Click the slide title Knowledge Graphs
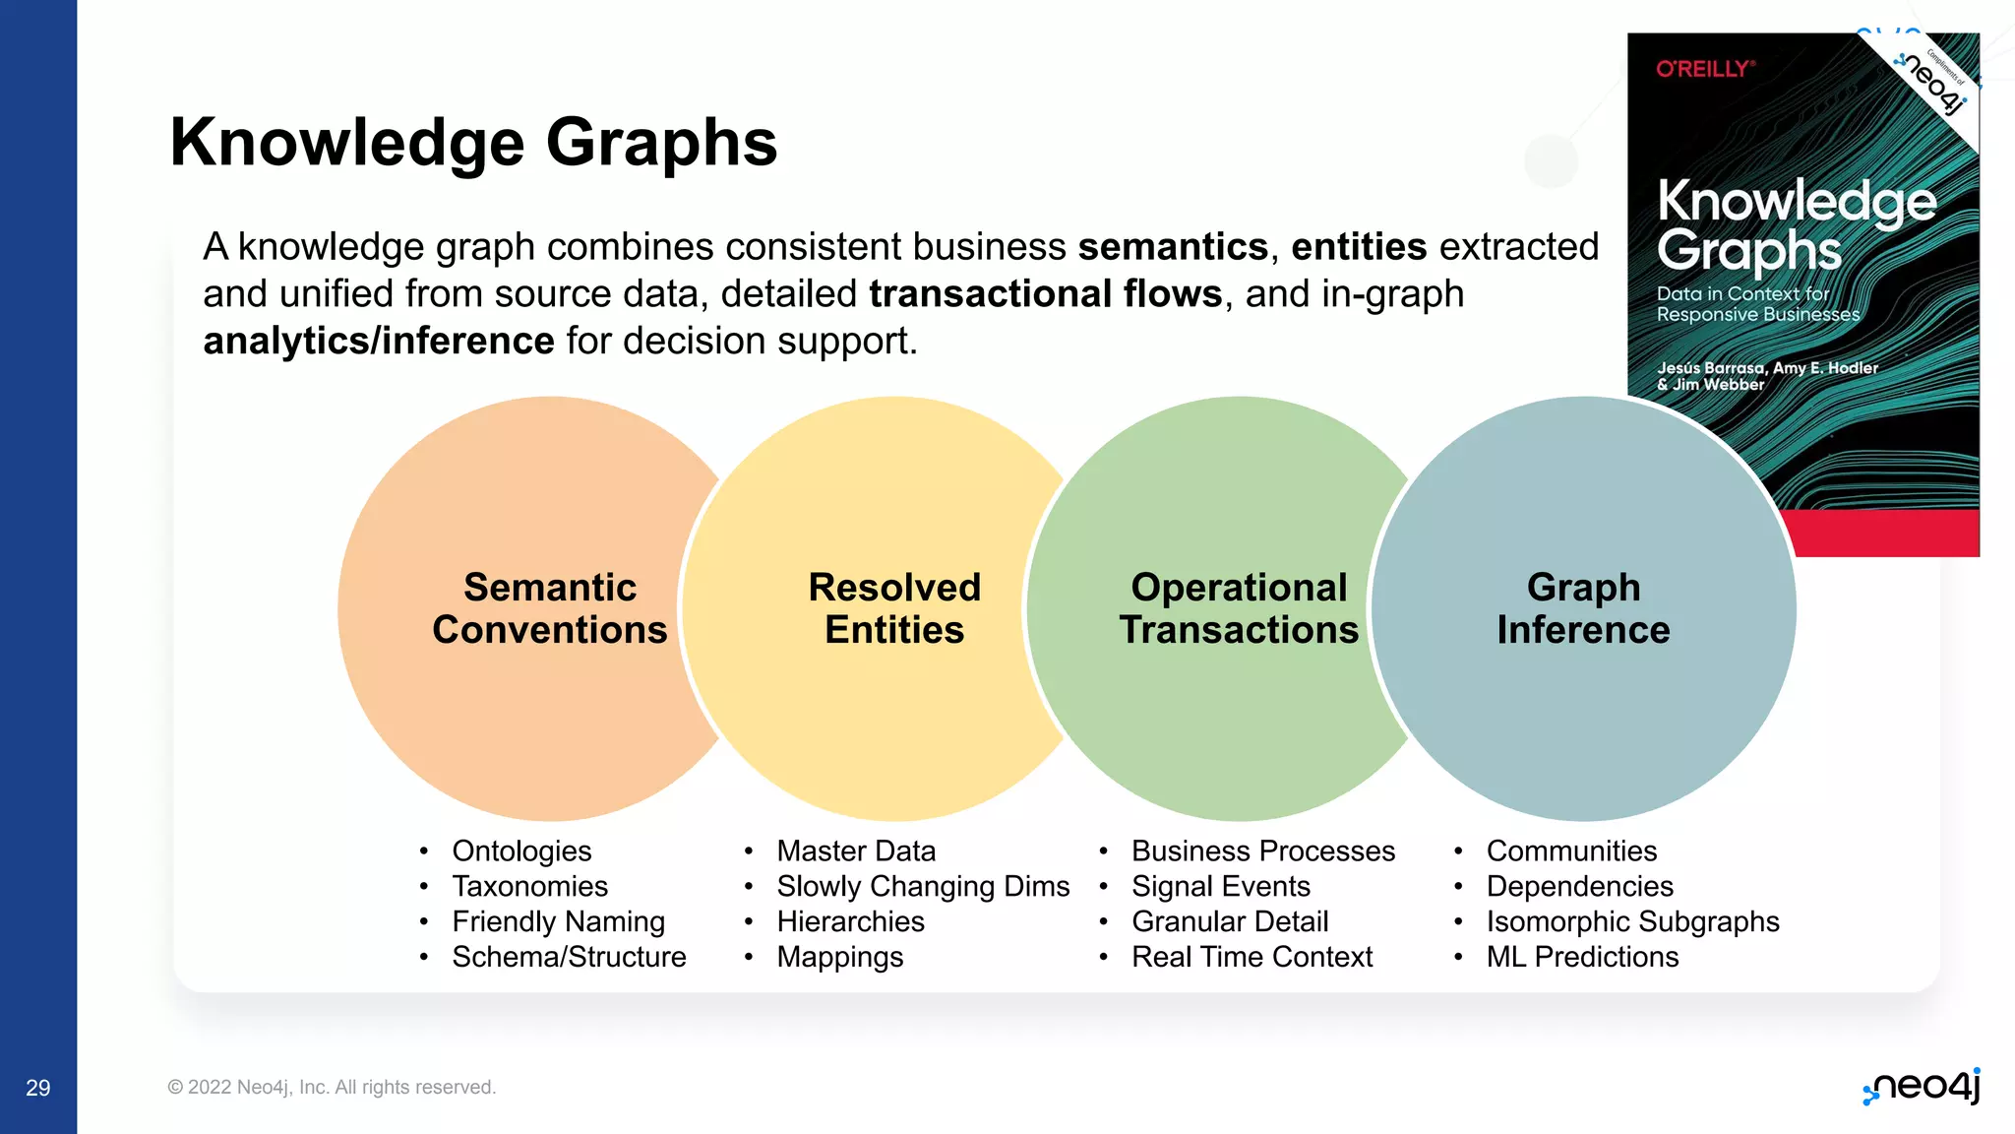pyautogui.click(x=473, y=143)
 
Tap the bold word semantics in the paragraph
pyautogui.click(x=1173, y=247)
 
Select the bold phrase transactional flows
pyautogui.click(x=1045, y=294)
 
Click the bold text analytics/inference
pyautogui.click(x=379, y=342)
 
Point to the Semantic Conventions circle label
pyautogui.click(x=550, y=608)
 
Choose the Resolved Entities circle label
pyautogui.click(x=894, y=608)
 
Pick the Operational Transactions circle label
pyautogui.click(x=1239, y=608)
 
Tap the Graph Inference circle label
pyautogui.click(x=1583, y=608)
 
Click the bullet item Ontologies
pyautogui.click(x=521, y=851)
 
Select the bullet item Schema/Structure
pyautogui.click(x=569, y=957)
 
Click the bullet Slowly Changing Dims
pyautogui.click(x=923, y=887)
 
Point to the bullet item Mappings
pyautogui.click(x=839, y=957)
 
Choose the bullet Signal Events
pyautogui.click(x=1220, y=887)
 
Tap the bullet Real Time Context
pyautogui.click(x=1252, y=957)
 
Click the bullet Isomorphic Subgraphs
pyautogui.click(x=1632, y=922)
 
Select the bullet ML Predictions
pyautogui.click(x=1582, y=957)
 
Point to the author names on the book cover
pyautogui.click(x=1766, y=376)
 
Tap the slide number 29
pyautogui.click(x=38, y=1088)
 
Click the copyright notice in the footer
pyautogui.click(x=332, y=1088)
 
